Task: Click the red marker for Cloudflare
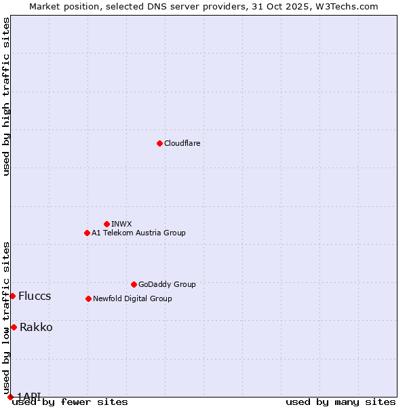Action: coord(159,143)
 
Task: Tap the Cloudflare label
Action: coord(182,143)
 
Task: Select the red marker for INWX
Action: coord(106,224)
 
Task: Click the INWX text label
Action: coord(121,224)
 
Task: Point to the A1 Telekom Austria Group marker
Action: coord(87,233)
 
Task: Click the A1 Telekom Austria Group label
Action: coord(138,233)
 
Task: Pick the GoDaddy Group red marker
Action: coord(134,284)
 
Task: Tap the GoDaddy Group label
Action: coord(166,284)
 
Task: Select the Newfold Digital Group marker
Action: coord(88,298)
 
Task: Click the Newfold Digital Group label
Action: coord(132,298)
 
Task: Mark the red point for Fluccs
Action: coord(12,296)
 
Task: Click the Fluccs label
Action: coord(35,296)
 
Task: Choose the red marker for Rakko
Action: coord(14,327)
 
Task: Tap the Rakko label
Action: coord(36,328)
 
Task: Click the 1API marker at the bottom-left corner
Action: coord(10,397)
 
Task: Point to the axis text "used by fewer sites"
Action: coord(70,402)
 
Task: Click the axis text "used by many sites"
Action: coord(341,402)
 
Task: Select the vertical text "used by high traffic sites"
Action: coord(6,96)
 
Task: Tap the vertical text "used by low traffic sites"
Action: coord(6,318)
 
